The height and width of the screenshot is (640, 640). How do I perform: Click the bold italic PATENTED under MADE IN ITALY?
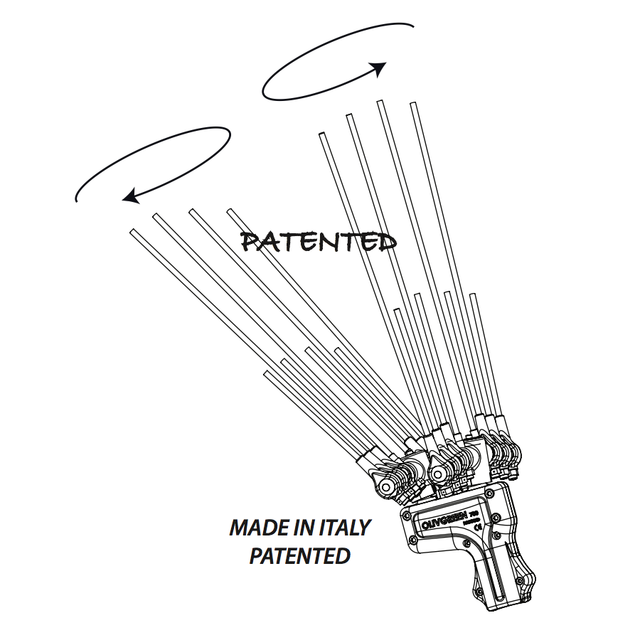[x=299, y=555]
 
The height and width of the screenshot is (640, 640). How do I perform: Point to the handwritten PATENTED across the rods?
[x=318, y=242]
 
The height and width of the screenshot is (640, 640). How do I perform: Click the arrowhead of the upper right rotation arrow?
[x=378, y=68]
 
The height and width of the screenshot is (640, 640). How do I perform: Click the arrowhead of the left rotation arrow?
[x=130, y=196]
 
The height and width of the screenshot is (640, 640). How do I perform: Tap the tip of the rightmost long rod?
[x=412, y=105]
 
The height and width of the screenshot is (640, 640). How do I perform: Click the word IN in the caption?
[x=303, y=528]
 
